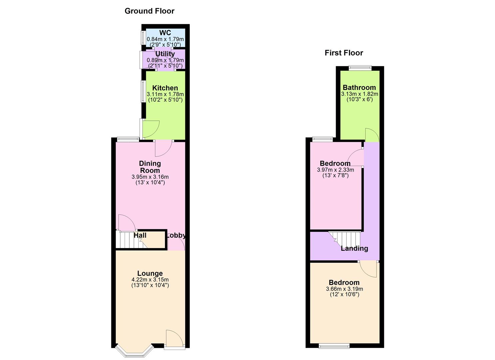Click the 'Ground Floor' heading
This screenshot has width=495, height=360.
[x=149, y=11]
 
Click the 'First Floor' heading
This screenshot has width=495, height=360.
[x=344, y=53]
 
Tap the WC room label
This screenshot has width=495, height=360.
[x=165, y=33]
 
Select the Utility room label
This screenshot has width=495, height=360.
[x=165, y=54]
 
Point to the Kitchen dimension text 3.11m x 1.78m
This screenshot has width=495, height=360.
[x=165, y=94]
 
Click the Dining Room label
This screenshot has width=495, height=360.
[x=150, y=167]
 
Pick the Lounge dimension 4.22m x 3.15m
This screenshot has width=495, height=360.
[x=150, y=280]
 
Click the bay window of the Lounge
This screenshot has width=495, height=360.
[x=135, y=351]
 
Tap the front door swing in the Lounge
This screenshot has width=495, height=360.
[x=174, y=338]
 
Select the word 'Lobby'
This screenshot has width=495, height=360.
[x=176, y=235]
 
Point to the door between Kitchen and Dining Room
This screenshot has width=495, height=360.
[x=163, y=148]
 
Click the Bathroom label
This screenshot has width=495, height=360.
[x=359, y=88]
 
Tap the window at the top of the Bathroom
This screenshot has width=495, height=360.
[x=360, y=68]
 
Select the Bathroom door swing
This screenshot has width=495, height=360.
[x=372, y=135]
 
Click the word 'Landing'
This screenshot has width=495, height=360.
[x=354, y=248]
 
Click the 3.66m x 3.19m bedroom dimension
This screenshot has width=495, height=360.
[x=344, y=289]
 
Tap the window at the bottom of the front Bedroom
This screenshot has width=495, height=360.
[x=334, y=346]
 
